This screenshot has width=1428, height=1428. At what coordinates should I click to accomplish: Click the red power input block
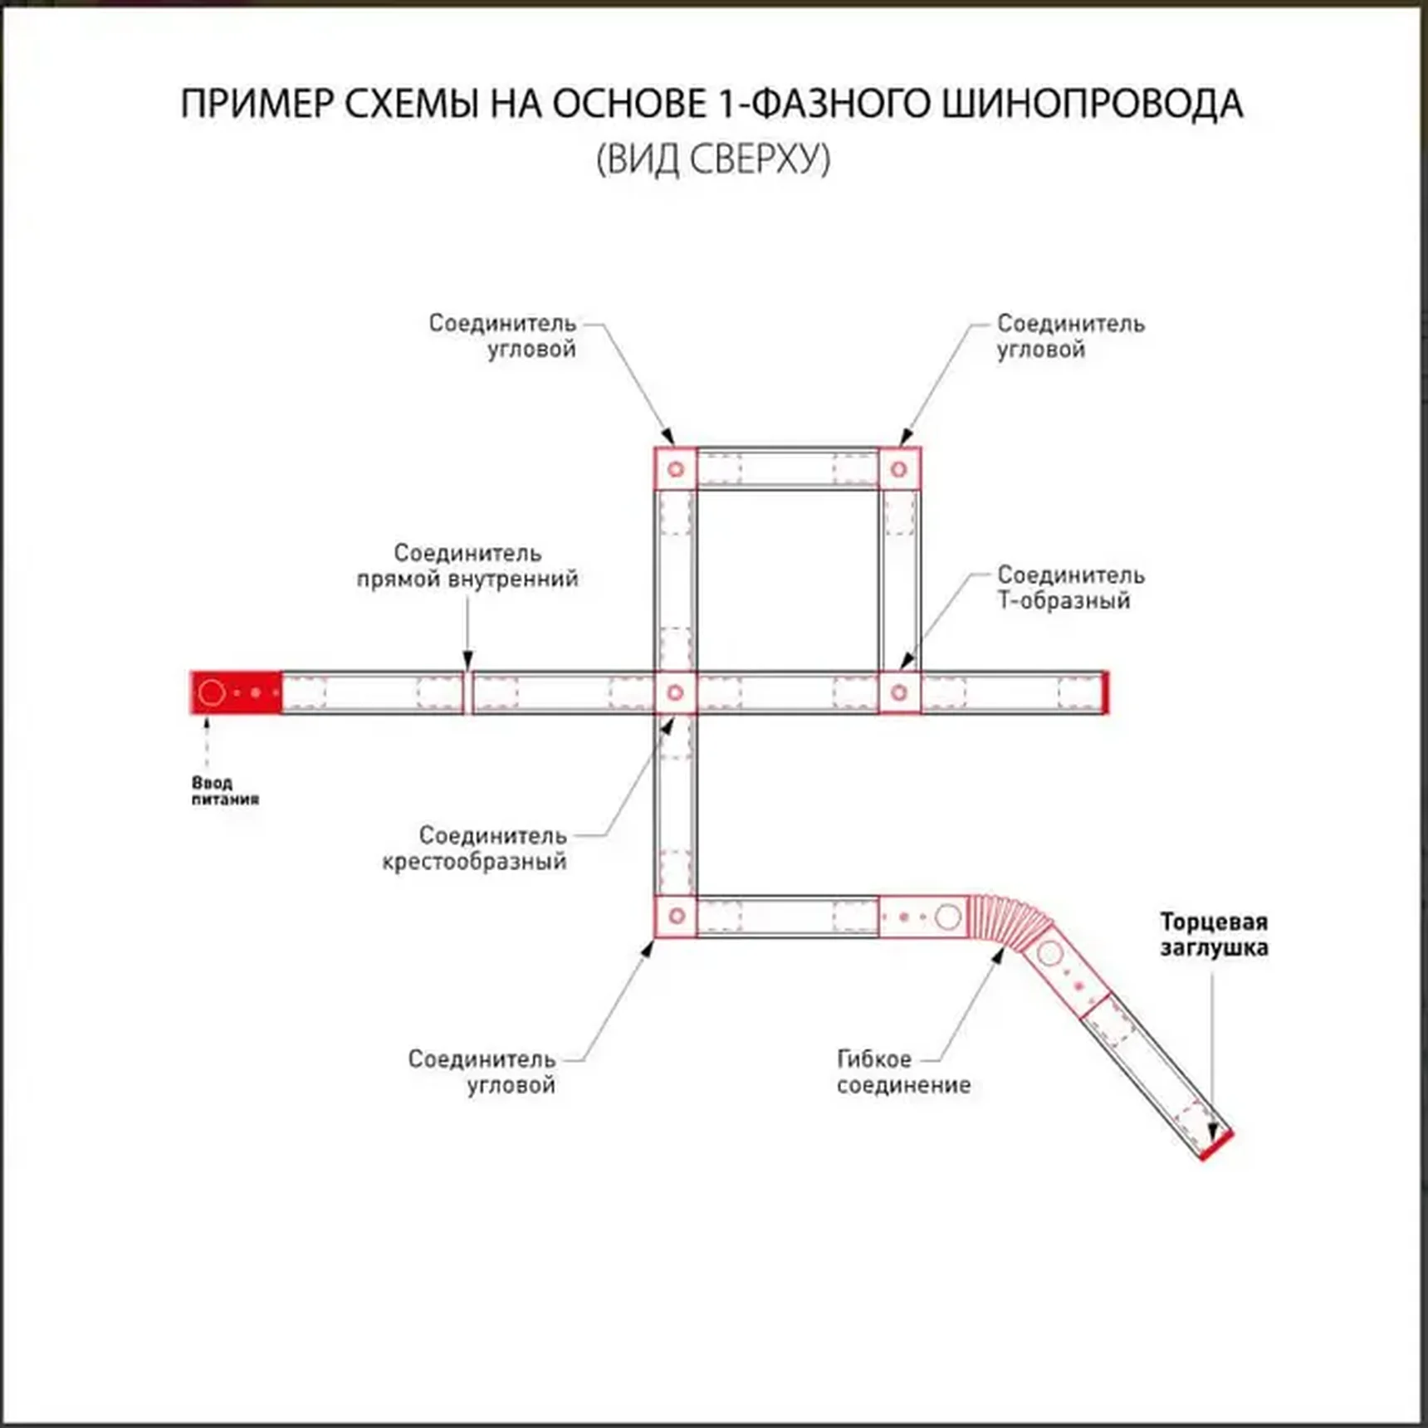click(237, 692)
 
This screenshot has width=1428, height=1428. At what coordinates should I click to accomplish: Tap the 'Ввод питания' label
click(225, 790)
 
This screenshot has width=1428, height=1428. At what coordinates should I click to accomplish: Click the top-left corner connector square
click(675, 469)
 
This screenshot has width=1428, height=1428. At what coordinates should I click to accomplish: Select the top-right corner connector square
click(898, 469)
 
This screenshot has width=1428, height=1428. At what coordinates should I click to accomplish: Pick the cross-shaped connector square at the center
click(675, 692)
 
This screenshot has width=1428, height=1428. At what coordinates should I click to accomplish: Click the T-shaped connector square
click(898, 692)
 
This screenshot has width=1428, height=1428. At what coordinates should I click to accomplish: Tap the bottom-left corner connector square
click(675, 916)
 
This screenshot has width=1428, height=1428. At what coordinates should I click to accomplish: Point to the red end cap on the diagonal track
click(1216, 1146)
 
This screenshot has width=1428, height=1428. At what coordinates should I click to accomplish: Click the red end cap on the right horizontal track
click(1104, 692)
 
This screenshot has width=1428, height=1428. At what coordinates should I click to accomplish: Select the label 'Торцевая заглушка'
click(1213, 935)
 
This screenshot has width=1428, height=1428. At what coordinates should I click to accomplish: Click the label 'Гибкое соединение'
click(902, 1072)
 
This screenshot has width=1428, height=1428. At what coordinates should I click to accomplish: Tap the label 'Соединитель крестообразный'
click(475, 848)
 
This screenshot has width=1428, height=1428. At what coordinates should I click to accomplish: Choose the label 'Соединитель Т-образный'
click(1069, 587)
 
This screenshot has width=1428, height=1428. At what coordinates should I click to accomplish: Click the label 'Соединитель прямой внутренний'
click(467, 565)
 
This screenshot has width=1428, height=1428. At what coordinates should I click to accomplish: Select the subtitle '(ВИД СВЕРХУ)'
click(712, 159)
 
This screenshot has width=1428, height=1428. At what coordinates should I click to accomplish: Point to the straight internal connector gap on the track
click(467, 692)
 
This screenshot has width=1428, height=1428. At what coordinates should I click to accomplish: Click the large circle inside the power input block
click(212, 692)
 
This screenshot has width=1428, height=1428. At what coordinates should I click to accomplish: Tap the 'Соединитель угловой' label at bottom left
click(482, 1072)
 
